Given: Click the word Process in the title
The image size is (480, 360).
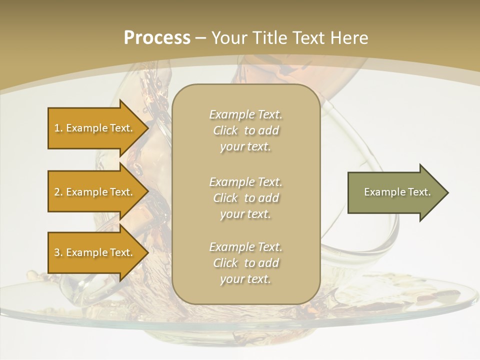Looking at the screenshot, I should (157, 38).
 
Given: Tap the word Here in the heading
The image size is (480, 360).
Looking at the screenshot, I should (348, 38).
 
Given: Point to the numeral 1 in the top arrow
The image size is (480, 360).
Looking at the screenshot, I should (57, 128).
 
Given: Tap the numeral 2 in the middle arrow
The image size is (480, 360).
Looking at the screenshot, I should (57, 192).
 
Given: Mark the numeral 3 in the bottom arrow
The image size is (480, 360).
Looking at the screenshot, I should (57, 252).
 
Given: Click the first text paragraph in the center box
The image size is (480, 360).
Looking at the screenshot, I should (245, 130).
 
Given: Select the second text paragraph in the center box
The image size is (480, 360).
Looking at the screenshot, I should (245, 198).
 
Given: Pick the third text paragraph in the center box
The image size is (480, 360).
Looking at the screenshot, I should (245, 263).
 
